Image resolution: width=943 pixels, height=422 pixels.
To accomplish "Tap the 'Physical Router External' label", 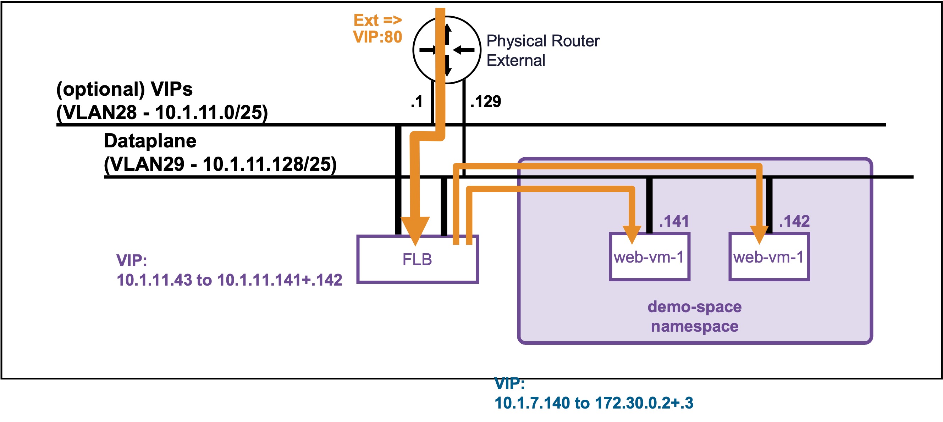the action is (x=542, y=50).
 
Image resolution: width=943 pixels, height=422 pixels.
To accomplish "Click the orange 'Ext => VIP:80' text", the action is (x=377, y=29).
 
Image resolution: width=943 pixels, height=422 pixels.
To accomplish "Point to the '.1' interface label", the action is (x=417, y=101).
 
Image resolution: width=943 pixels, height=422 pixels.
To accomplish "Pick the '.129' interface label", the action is (x=485, y=101).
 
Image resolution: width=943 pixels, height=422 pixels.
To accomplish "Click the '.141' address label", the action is (x=674, y=221).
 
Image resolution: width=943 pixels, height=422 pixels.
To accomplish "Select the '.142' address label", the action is (x=794, y=221).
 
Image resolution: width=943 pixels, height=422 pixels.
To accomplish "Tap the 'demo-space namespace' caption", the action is (x=694, y=316).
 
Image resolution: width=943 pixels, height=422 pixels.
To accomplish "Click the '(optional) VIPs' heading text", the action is (x=125, y=89).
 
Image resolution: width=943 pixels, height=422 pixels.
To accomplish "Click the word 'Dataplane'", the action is (x=150, y=141).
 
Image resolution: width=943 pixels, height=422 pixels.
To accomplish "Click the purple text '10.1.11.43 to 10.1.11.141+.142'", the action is (x=229, y=280).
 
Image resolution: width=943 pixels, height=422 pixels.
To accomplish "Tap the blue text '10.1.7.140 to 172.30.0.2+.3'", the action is (x=594, y=403).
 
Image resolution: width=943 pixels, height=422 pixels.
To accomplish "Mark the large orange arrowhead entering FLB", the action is (x=415, y=230).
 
